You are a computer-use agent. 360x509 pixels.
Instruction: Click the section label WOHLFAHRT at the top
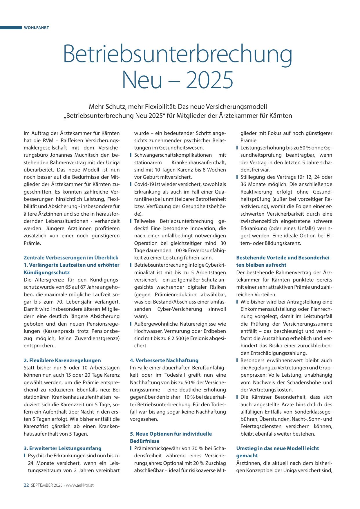pos(36,28)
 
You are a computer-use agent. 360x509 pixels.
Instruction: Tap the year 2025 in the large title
pos(209,80)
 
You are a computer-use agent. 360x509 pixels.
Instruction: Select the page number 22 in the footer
pos(26,485)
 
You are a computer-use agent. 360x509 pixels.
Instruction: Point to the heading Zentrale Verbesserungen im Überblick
pos(71,258)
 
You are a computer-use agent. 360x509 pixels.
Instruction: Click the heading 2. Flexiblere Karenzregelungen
pos(62,360)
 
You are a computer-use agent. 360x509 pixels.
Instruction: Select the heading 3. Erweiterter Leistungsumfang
pos(62,448)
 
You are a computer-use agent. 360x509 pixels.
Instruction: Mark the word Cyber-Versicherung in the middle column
pos(180,309)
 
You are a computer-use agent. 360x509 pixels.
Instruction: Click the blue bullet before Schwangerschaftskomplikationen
pos(131,155)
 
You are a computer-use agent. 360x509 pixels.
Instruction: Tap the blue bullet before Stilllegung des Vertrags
pos(237,177)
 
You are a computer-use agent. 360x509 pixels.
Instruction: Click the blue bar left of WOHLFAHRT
pos(11,28)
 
